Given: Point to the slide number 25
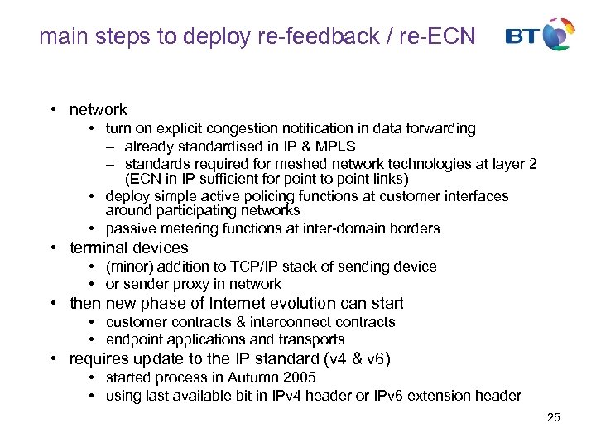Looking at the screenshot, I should point(554,417).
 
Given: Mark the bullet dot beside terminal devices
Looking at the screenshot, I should point(51,248).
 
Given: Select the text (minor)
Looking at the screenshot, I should point(129,267).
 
